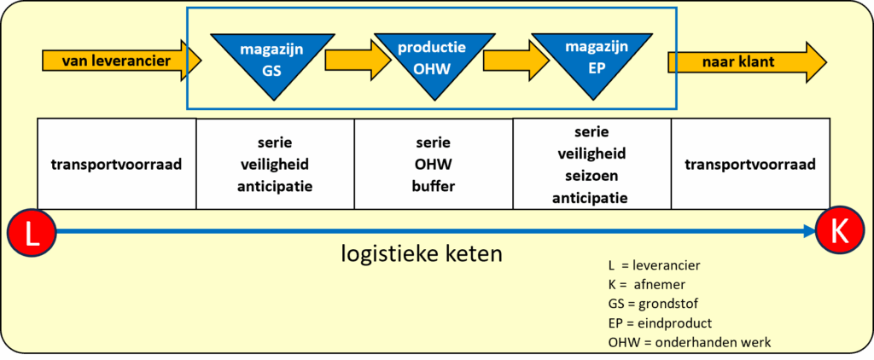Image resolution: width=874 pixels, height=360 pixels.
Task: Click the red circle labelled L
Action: [32, 232]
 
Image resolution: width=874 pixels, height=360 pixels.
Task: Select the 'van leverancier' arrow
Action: [120, 61]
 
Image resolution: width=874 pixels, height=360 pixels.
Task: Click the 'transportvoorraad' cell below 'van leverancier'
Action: [117, 164]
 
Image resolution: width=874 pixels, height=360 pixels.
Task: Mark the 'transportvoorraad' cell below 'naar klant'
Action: [750, 164]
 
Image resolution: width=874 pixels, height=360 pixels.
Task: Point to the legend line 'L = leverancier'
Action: [654, 265]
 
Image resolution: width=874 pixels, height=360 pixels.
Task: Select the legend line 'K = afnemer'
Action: [648, 284]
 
